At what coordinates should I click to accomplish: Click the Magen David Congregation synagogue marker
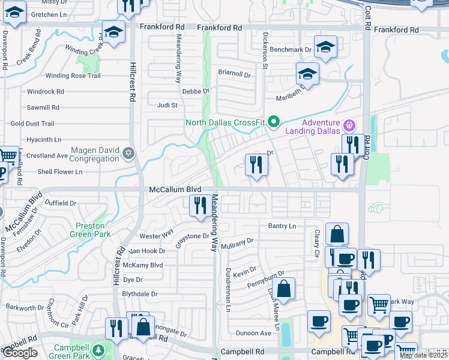pyautogui.click(x=127, y=154)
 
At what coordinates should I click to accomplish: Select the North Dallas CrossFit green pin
pyautogui.click(x=274, y=122)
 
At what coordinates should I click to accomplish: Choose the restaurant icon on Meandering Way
pyautogui.click(x=199, y=206)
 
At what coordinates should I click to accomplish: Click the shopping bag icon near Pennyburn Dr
pyautogui.click(x=285, y=289)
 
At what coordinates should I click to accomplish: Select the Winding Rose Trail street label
pyautogui.click(x=73, y=76)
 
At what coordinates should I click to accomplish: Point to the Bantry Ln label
pyautogui.click(x=282, y=226)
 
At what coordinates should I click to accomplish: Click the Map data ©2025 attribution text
pyautogui.click(x=423, y=355)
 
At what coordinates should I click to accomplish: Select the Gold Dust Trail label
pyautogui.click(x=32, y=124)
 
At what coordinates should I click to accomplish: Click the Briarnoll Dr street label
pyautogui.click(x=234, y=74)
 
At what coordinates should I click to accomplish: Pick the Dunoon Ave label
pyautogui.click(x=253, y=333)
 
